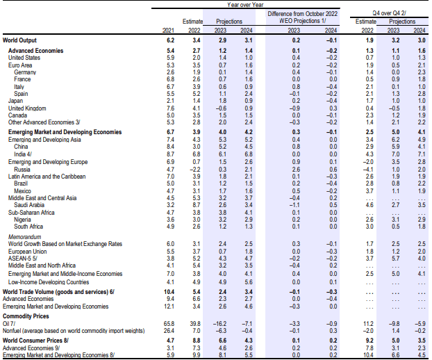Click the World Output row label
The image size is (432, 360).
19,40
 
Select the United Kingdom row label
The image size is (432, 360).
27,108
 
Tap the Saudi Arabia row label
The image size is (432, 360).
29,205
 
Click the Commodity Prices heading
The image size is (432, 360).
26,316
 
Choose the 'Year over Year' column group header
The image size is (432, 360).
245,5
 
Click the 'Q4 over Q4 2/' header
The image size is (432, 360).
390,13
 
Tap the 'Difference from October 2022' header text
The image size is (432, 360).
303,14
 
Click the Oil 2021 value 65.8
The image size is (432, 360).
169,324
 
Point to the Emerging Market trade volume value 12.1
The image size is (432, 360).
169,306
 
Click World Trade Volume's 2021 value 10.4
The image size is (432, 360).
169,292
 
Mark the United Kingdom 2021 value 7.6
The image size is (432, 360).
171,108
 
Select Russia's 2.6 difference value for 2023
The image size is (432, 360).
296,170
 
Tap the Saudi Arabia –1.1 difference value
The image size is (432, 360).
294,205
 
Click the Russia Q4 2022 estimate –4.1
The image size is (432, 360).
368,170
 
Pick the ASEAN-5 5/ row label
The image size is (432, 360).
23,259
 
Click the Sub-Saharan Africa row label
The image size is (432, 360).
31,213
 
